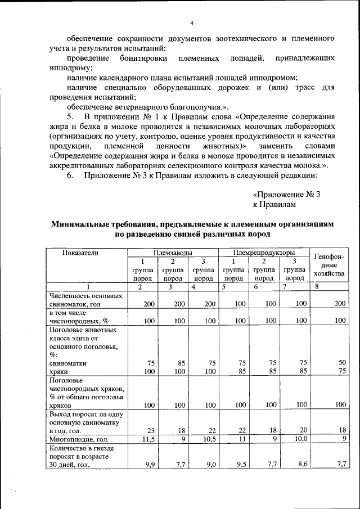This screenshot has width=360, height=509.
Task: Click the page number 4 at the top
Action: pos(191,23)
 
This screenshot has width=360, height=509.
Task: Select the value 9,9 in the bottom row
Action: pos(148,465)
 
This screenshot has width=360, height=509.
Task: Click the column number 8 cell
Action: pos(317,287)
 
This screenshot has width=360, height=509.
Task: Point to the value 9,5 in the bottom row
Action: pos(241,465)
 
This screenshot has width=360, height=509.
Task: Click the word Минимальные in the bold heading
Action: pos(81,223)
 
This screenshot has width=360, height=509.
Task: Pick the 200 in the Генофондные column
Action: pos(339,304)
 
